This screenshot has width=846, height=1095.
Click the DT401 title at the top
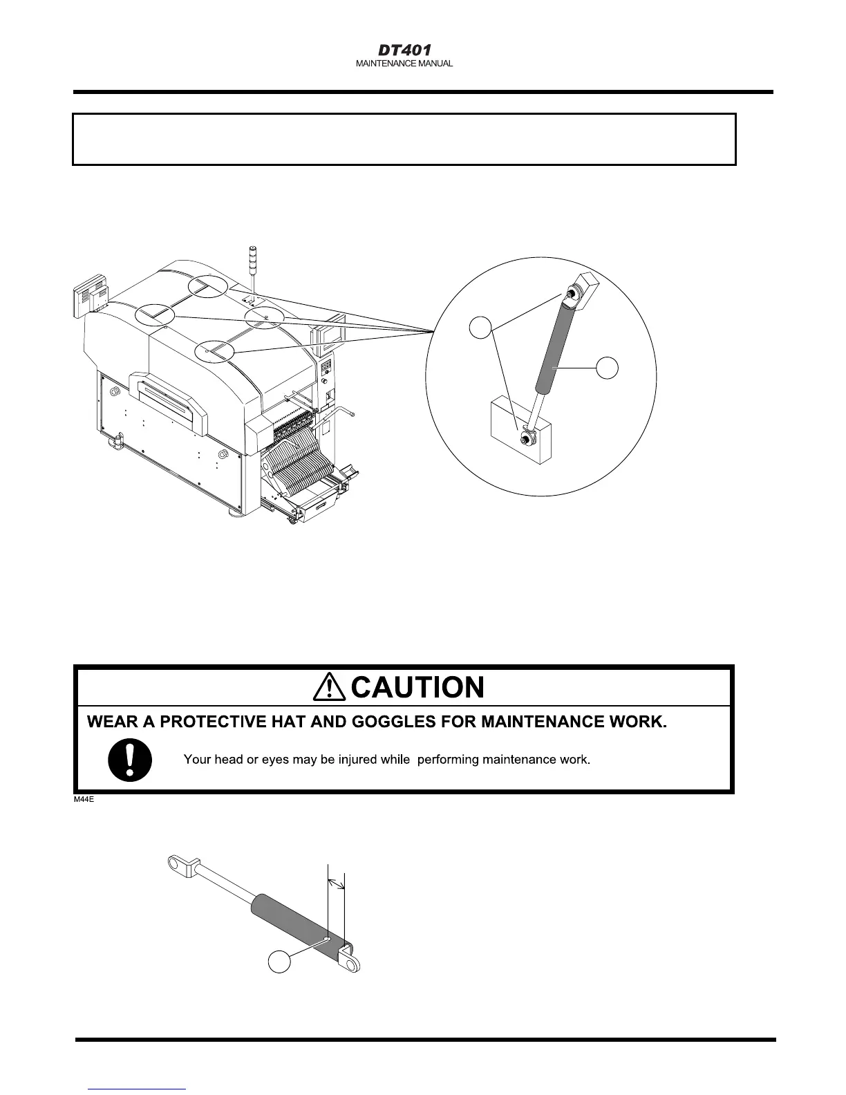click(x=404, y=50)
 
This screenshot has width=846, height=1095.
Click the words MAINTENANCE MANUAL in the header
click(x=404, y=64)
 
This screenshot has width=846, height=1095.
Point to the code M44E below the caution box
click(x=85, y=799)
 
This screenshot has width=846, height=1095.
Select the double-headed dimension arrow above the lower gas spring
click(x=335, y=883)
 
